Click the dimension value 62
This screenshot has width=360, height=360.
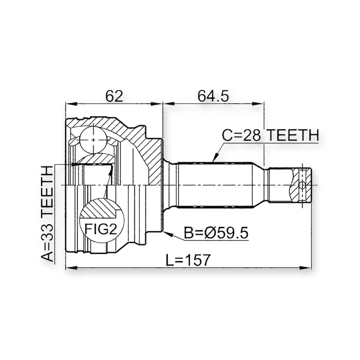114,96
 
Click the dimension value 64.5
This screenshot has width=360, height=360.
213,96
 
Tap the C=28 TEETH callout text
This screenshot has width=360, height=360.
270,135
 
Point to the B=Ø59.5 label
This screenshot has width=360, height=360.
216,233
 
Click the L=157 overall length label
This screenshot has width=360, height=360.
188,260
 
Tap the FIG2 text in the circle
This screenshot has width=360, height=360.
101,229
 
